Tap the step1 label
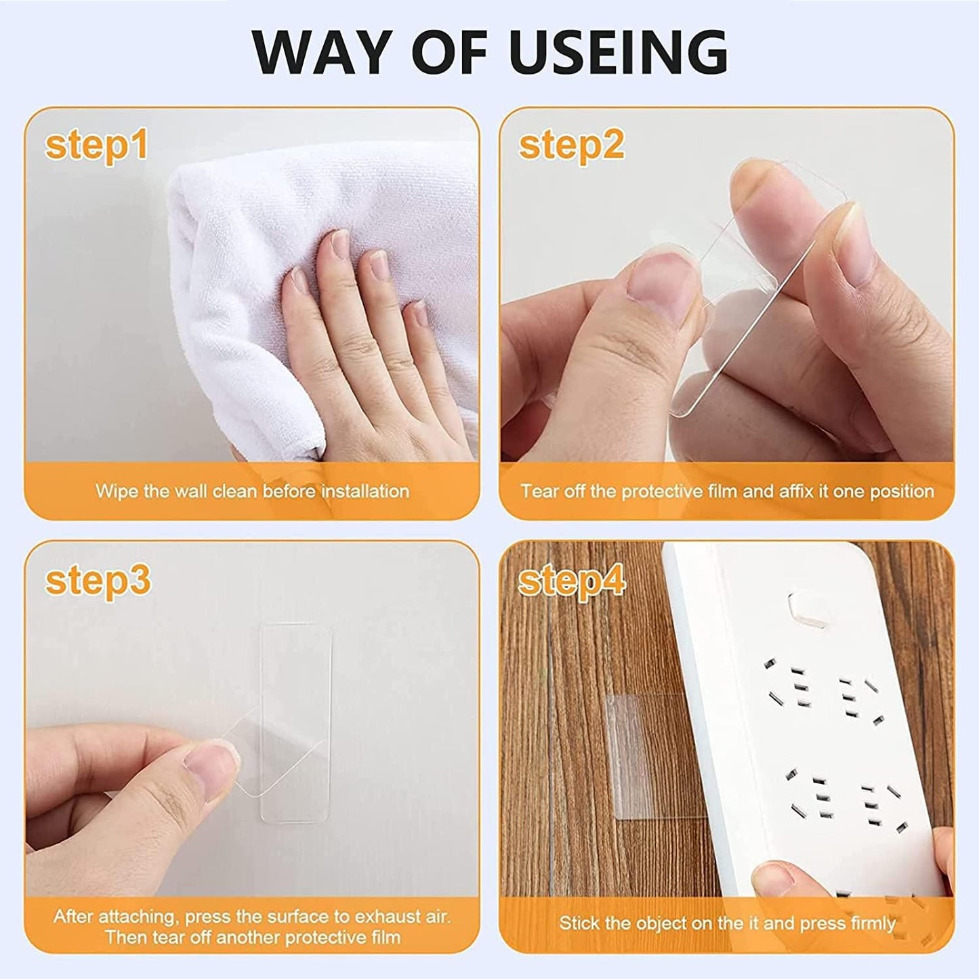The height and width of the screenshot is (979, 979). pos(96,146)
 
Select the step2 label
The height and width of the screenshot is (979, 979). pos(572,146)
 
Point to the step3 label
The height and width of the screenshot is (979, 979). pos(98,580)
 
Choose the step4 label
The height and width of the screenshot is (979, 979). pos(572,580)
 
